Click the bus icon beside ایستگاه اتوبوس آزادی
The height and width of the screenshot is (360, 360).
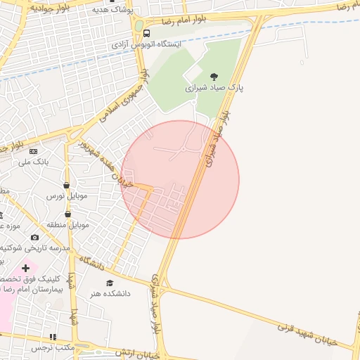(146, 33)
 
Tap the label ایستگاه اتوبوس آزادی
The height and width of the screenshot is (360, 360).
(146, 44)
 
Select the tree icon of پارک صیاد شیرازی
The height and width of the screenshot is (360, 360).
(214, 77)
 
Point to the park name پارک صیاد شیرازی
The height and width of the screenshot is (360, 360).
(214, 89)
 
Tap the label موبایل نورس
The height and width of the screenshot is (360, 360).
(67, 196)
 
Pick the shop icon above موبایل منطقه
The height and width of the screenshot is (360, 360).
(68, 214)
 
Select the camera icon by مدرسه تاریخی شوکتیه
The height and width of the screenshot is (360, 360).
(34, 237)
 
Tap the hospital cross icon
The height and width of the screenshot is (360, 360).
(26, 268)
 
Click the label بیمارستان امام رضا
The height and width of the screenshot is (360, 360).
(32, 289)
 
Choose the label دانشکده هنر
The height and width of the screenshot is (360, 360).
(108, 294)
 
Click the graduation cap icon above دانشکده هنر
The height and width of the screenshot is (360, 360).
(109, 283)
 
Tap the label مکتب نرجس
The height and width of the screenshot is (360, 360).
(53, 348)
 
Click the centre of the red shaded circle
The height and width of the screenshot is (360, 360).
(180, 179)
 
